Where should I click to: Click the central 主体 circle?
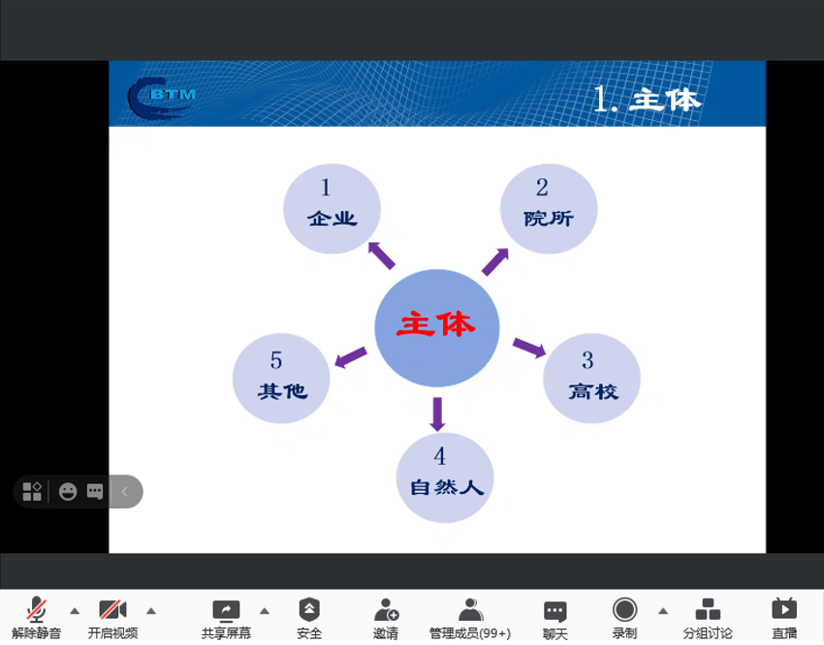(x=436, y=327)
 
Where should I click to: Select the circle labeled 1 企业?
(x=332, y=208)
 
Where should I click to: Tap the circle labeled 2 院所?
(x=548, y=208)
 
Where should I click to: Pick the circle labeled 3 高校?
(x=591, y=379)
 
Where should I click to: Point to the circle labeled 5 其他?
(x=281, y=379)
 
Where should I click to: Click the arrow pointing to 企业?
(x=381, y=255)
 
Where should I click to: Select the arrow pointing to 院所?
(x=495, y=261)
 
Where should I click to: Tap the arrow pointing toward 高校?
(x=528, y=348)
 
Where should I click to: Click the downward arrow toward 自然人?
(x=437, y=413)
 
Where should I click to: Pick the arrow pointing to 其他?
(x=351, y=357)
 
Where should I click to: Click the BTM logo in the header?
(x=161, y=96)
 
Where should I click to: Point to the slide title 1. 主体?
(x=646, y=99)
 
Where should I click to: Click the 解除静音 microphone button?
(x=36, y=616)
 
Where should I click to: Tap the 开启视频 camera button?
(x=112, y=616)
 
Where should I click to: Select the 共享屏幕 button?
(x=226, y=616)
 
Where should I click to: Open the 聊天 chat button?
(x=555, y=616)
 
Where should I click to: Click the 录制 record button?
(x=624, y=616)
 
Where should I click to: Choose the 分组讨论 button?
(x=708, y=616)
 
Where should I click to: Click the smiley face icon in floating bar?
(x=67, y=491)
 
